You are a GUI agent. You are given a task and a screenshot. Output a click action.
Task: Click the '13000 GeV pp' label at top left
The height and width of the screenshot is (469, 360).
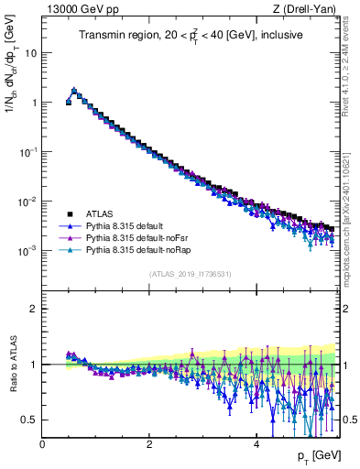coord(73,9)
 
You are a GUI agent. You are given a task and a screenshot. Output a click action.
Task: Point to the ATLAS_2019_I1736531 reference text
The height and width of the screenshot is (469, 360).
coord(191,274)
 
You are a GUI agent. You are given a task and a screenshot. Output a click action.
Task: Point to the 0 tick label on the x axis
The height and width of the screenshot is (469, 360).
coord(43,443)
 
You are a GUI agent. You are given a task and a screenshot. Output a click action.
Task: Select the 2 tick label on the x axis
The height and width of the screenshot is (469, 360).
coord(149,443)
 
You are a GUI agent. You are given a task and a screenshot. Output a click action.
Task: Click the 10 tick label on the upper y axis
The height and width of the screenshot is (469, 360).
coord(29,52)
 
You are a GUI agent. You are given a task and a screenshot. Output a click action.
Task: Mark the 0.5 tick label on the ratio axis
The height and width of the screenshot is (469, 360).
coord(28,420)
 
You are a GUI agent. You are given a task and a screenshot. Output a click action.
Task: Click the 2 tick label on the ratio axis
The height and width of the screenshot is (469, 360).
coord(33,309)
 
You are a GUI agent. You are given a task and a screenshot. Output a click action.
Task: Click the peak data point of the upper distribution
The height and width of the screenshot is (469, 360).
coord(74,91)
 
